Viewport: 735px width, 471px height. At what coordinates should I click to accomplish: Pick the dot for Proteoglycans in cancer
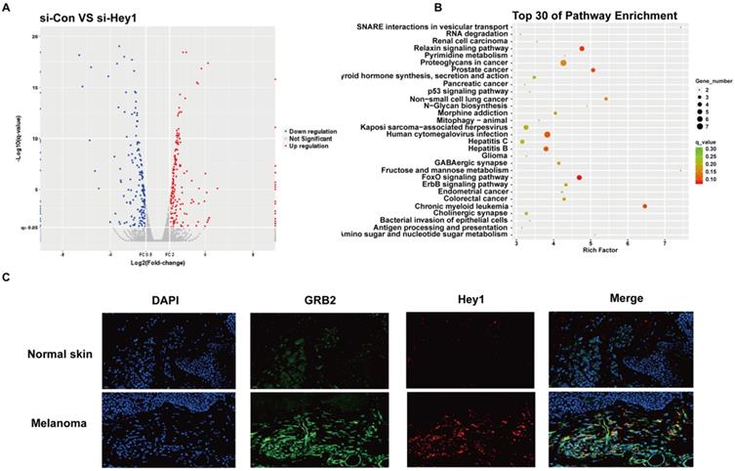564,63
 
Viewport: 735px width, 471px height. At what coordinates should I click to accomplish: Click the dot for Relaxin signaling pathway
582,48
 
